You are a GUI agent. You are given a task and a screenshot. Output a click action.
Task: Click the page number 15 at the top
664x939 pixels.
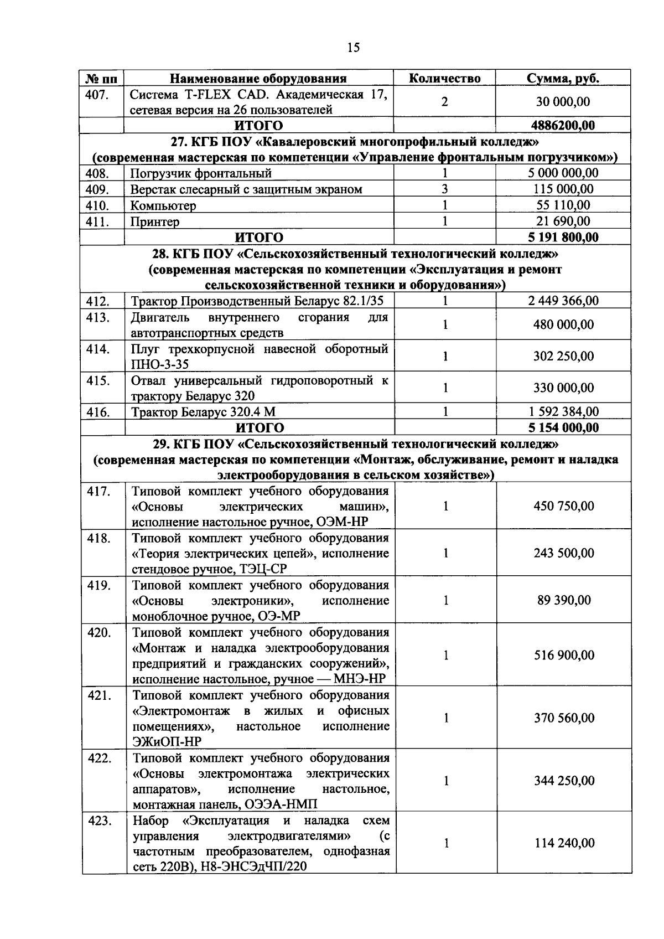353,48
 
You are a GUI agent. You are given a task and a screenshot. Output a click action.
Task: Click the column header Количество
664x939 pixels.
444,78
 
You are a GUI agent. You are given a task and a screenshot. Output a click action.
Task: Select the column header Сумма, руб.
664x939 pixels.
563,78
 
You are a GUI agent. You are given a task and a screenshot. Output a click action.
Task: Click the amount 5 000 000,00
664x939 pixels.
563,173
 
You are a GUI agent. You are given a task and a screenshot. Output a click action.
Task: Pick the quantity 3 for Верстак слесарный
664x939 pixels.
444,189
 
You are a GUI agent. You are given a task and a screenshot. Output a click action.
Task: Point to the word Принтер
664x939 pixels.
155,222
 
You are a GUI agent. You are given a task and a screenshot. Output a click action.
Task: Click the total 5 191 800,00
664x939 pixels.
563,238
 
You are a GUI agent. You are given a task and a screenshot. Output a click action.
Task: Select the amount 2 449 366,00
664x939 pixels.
563,301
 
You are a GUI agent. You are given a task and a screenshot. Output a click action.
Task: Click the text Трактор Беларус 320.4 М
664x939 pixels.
203,412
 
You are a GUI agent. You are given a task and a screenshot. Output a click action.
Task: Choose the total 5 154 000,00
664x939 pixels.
563,427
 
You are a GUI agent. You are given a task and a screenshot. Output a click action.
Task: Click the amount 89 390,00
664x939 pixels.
563,600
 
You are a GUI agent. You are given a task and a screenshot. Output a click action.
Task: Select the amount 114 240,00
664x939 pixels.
564,843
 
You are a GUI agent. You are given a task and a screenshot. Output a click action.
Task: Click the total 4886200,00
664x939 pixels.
563,125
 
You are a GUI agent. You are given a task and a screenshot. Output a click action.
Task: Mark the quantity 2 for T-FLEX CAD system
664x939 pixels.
444,102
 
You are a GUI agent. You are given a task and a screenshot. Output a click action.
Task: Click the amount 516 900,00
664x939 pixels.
564,655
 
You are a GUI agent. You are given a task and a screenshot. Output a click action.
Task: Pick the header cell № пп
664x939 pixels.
101,78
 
